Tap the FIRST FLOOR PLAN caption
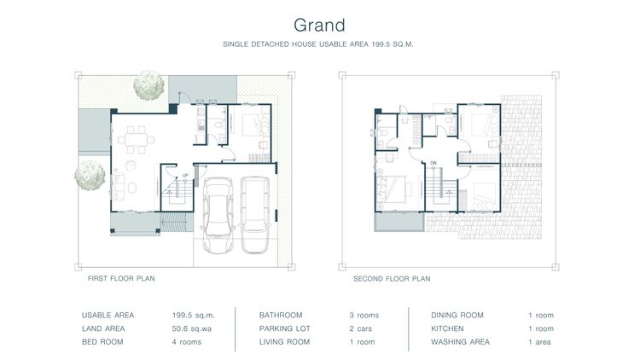pyautogui.click(x=121, y=278)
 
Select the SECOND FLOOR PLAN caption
pyautogui.click(x=392, y=278)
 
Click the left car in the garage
pyautogui.click(x=218, y=215)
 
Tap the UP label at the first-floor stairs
pyautogui.click(x=184, y=176)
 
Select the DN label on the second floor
pyautogui.click(x=433, y=162)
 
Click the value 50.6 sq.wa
pyautogui.click(x=191, y=328)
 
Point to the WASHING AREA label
pyautogui.click(x=461, y=342)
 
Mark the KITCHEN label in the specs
pyautogui.click(x=447, y=328)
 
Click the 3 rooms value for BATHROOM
pyautogui.click(x=364, y=315)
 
